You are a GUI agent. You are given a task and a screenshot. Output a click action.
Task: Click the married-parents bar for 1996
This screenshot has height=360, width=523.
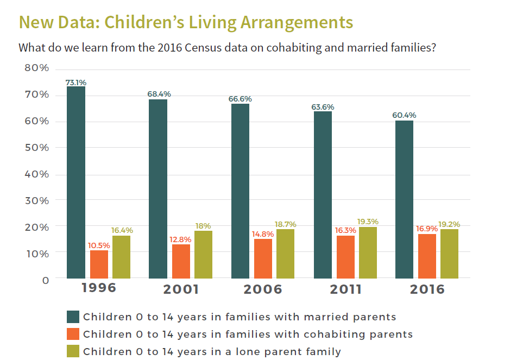point(76,182)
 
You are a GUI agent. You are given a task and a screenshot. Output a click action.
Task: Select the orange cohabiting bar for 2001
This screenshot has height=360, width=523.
point(181,261)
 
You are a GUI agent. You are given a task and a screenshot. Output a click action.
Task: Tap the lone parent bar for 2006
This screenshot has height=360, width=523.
point(285,254)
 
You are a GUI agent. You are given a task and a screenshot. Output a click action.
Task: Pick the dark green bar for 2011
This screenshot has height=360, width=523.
point(323,194)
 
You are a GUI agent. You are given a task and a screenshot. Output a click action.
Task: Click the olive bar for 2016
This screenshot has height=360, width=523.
point(449,254)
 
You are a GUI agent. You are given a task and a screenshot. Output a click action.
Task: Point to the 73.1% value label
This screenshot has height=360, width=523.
point(76,83)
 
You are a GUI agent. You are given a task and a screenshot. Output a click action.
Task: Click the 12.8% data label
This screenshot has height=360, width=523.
point(181,239)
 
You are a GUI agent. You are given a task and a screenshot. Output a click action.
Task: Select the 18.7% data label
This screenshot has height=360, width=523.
point(285,224)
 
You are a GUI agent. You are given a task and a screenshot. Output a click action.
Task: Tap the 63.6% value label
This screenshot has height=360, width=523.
point(323,107)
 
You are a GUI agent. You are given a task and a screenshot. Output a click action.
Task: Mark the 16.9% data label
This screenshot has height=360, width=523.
point(426,229)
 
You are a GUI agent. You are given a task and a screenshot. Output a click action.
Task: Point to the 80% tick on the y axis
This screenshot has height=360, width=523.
point(37,68)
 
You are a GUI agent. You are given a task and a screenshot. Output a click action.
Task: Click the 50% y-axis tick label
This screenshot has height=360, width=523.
point(37,148)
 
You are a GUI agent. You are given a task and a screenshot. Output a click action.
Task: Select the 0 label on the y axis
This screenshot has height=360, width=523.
point(46,280)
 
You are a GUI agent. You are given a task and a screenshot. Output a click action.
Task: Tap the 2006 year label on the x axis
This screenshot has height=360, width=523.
point(263,289)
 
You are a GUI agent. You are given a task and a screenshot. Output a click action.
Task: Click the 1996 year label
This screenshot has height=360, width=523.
point(98,287)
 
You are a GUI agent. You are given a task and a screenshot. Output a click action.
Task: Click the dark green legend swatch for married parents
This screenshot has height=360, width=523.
point(73,317)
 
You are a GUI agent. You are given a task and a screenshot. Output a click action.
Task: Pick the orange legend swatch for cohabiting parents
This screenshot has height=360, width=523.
point(73,334)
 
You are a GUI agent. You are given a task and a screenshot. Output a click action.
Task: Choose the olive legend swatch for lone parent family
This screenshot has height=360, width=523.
point(73,351)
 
